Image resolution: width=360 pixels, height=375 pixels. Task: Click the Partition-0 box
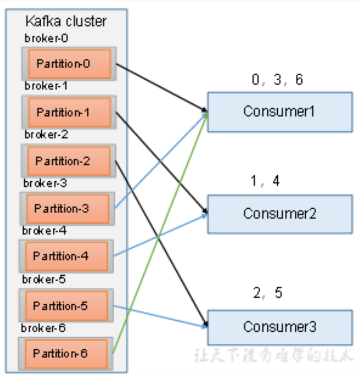coord(69,64)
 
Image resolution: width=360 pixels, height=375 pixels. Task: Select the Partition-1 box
coord(69,112)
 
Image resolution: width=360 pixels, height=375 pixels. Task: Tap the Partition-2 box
coord(68,161)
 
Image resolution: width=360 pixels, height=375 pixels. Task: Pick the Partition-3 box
coord(67,208)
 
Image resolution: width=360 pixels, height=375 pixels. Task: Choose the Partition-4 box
coord(66,256)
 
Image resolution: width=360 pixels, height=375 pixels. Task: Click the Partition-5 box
coord(66,306)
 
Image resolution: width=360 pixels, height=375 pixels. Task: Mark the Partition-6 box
coord(66,353)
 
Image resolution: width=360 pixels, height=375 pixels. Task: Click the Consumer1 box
coord(280,112)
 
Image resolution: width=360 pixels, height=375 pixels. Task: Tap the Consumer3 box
coord(280,327)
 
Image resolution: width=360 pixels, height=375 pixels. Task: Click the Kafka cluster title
coord(66,21)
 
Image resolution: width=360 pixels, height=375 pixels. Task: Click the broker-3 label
coord(45,183)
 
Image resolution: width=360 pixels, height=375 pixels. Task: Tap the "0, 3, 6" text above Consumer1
coord(278,80)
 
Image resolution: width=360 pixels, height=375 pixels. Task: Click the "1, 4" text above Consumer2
coord(265,181)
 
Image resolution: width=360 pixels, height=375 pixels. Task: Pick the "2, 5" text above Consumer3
coord(267,293)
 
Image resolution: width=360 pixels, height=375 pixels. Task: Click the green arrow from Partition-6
coord(158,237)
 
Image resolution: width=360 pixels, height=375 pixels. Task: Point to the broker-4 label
coord(44,231)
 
